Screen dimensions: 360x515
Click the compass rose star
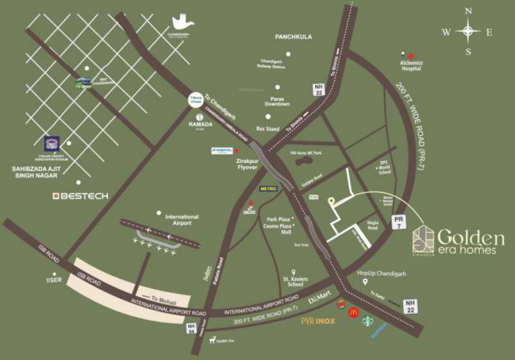click(468, 32)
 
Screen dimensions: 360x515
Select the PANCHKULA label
click(294, 37)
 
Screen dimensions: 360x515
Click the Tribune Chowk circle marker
click(194, 99)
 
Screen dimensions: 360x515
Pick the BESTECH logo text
click(80, 195)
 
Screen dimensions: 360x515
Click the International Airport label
click(182, 220)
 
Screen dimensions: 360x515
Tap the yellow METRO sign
click(269, 188)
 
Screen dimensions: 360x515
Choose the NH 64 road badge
click(191, 328)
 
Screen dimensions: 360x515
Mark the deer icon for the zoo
click(213, 339)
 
